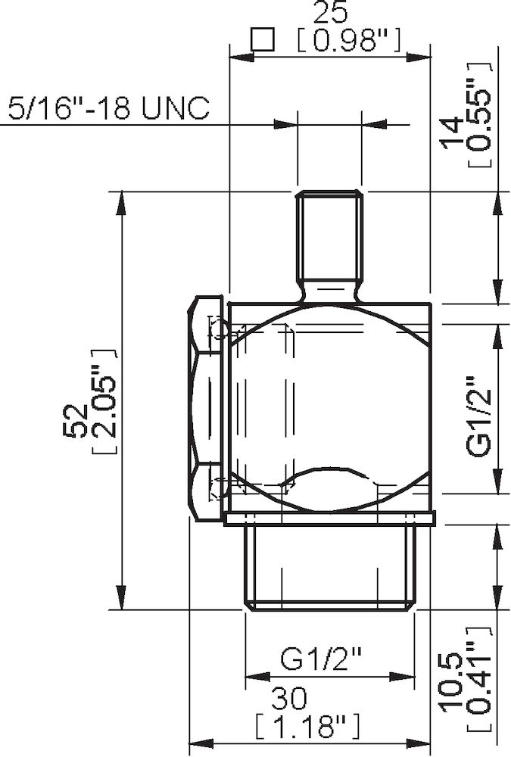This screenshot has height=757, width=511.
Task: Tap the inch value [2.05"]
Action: (103, 401)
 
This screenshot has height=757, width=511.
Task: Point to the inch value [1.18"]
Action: (306, 727)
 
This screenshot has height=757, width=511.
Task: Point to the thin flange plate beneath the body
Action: (330, 518)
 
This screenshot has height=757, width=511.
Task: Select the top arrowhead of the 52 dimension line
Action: (119, 201)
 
